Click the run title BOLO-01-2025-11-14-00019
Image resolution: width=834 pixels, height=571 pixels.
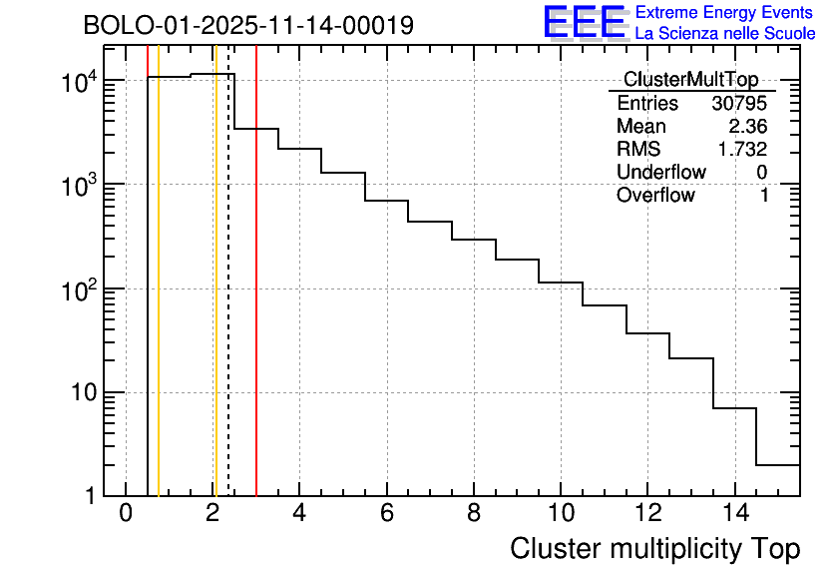pyautogui.click(x=248, y=26)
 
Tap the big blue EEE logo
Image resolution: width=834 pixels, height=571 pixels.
pyautogui.click(x=585, y=22)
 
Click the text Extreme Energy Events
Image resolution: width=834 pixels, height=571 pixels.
pyautogui.click(x=724, y=13)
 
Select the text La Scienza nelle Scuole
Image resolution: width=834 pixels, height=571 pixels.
pyautogui.click(x=725, y=34)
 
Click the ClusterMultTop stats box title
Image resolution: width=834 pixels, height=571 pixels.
pyautogui.click(x=690, y=80)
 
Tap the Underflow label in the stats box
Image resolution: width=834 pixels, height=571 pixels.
pyautogui.click(x=660, y=173)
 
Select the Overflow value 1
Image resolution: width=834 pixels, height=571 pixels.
pyautogui.click(x=764, y=196)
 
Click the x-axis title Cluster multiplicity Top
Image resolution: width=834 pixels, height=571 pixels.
pyautogui.click(x=654, y=548)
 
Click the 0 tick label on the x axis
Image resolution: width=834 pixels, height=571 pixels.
pyautogui.click(x=126, y=513)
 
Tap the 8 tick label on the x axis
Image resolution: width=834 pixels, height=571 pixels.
pyautogui.click(x=474, y=513)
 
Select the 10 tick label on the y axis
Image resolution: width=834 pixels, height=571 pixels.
pyautogui.click(x=87, y=392)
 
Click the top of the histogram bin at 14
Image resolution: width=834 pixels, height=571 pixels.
pyautogui.click(x=735, y=408)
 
